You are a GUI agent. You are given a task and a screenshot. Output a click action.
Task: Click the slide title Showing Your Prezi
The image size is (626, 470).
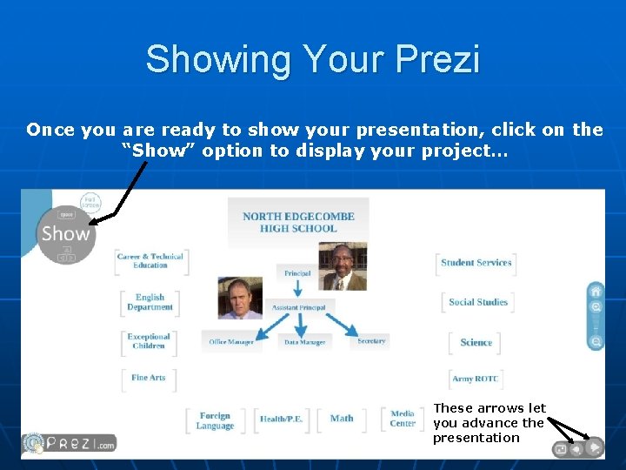pos(312,60)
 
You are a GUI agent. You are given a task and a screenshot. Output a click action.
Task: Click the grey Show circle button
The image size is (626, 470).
pos(65,233)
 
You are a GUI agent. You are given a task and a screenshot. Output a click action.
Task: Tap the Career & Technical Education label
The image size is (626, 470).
pos(150,260)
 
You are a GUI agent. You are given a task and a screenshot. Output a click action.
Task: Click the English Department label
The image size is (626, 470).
pos(150,302)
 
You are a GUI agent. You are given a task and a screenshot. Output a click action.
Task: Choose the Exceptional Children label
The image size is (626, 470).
pos(149,341)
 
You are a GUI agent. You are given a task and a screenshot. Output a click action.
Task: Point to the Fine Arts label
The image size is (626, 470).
pos(149,378)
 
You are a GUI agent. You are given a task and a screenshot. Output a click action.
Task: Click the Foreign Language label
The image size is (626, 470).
pos(215,421)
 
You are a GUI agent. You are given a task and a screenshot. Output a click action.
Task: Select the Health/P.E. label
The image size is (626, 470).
pos(282,420)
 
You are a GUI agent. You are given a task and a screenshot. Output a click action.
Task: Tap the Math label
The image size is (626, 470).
pos(342,419)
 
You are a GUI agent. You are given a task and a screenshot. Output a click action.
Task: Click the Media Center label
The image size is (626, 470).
pos(403,419)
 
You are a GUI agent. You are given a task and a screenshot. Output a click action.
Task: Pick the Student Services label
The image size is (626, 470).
pos(476,263)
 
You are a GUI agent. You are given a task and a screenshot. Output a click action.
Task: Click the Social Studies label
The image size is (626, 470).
pos(478,302)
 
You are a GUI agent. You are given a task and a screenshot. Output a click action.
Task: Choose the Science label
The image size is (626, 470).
pos(476,343)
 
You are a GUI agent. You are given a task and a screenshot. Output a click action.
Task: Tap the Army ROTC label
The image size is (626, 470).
pos(476,379)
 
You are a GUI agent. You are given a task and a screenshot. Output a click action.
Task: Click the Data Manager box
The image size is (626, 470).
pos(304,342)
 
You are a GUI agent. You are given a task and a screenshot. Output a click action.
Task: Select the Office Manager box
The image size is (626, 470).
pos(231,342)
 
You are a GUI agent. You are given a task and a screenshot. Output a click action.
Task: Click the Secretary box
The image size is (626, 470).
pos(371,341)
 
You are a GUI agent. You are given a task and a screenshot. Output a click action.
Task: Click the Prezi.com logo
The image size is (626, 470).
pos(70,443)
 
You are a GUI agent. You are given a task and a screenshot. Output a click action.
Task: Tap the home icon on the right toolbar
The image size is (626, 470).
pos(596,291)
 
